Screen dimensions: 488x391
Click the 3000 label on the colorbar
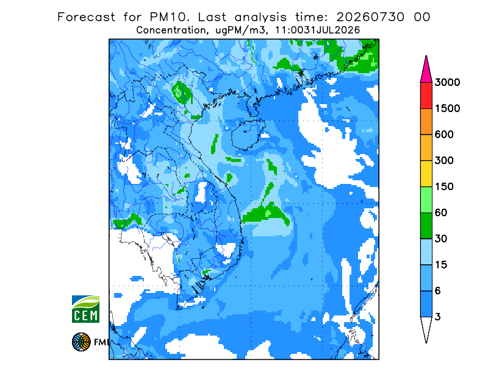(447, 82)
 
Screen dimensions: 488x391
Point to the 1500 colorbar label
(447, 108)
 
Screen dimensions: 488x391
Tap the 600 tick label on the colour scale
(444, 135)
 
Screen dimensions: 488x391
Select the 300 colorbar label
(444, 160)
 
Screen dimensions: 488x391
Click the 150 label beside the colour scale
(444, 186)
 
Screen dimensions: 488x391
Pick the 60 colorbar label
(441, 213)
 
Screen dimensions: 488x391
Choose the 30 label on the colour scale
(441, 239)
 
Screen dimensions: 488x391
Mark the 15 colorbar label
(441, 265)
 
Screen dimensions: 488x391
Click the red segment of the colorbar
(426, 96)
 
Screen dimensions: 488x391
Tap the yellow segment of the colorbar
(426, 174)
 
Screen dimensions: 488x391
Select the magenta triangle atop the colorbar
(426, 72)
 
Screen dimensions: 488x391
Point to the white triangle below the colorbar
(426, 327)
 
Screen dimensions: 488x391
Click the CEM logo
(85, 309)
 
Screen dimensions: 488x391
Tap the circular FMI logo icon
(81, 342)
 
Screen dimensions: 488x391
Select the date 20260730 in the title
(370, 17)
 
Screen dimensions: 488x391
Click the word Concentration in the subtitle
(171, 30)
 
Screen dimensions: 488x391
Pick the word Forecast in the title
(86, 17)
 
